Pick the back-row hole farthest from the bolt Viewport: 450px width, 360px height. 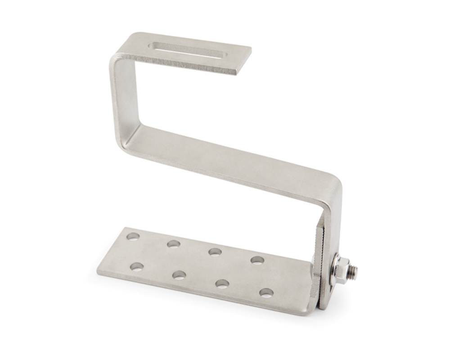point(132,237)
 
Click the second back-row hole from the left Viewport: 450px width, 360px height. point(173,244)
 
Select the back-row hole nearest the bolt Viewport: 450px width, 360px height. point(257,260)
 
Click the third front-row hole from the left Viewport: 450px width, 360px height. point(222,283)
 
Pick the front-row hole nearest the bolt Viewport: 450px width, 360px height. point(266,292)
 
